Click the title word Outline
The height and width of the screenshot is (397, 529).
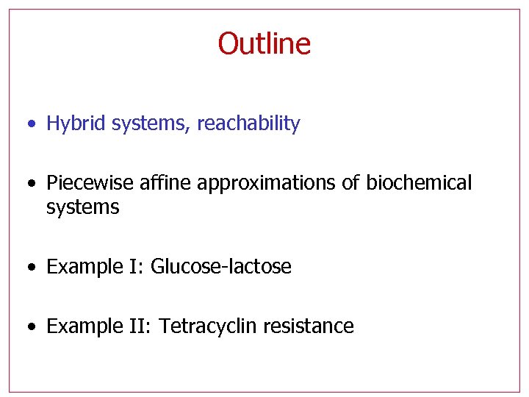264,43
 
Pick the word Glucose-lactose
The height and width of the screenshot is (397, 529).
220,266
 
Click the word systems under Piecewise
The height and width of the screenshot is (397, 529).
82,207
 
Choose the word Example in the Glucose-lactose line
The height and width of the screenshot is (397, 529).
81,266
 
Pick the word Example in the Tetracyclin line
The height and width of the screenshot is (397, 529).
81,326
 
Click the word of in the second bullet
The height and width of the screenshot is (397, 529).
350,183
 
